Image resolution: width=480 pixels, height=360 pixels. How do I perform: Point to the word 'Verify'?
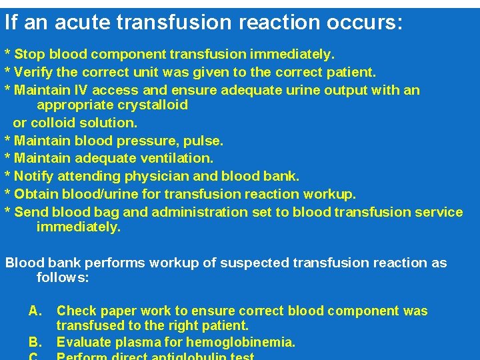33,71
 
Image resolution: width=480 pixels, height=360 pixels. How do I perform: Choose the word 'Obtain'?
36,194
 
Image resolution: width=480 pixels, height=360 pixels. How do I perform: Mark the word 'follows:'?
62,277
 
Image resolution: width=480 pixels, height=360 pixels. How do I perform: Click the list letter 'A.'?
36,311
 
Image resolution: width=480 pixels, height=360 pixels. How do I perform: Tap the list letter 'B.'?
36,343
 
